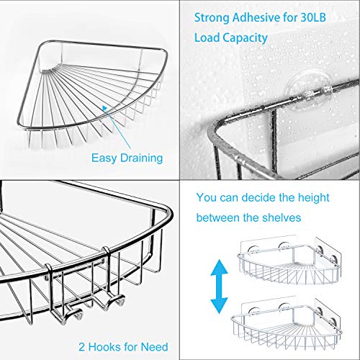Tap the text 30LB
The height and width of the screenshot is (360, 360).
313,17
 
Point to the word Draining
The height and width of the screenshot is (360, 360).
141,158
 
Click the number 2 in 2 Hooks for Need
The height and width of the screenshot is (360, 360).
81,347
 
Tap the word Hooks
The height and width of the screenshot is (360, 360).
104,347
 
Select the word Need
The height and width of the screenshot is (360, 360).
154,347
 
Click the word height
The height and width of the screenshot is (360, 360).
314,198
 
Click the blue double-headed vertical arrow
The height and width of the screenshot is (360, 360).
219,287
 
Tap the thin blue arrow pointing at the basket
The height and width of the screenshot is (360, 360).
117,127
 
